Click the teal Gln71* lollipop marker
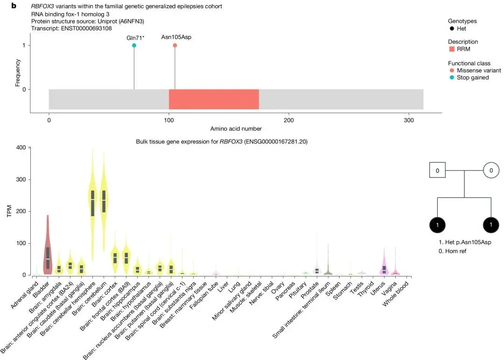[134, 45]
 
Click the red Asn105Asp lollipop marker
[175, 45]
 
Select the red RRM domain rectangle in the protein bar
[213, 99]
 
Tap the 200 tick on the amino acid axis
[289, 120]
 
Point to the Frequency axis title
[18, 72]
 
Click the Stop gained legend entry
[472, 78]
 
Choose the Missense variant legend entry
[478, 71]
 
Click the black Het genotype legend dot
[451, 28]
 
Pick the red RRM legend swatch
[451, 49]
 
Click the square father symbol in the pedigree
[437, 171]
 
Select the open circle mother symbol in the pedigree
[490, 171]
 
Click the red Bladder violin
[48, 247]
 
